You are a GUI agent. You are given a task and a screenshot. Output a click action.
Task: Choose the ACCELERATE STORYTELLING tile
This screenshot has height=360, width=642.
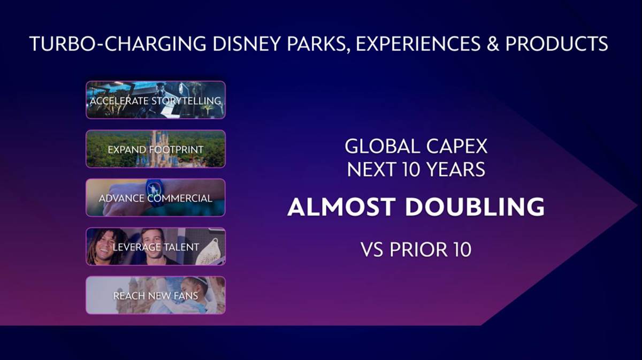pos(156,100)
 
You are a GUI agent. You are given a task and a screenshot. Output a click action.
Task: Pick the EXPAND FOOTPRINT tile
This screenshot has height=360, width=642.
pos(156,149)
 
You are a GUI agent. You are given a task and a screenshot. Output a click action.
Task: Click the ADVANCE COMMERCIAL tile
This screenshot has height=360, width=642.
pos(156,198)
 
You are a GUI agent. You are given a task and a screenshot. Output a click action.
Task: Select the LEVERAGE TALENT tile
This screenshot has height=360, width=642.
pos(156,247)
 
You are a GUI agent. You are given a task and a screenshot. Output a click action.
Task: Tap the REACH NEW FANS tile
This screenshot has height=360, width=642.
pos(156,295)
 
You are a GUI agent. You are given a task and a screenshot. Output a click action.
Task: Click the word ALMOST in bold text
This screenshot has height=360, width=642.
pos(340,207)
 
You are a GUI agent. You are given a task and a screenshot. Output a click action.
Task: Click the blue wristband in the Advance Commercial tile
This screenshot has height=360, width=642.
pos(156,189)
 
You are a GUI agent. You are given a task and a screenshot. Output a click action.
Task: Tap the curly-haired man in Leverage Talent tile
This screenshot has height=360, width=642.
pos(106,247)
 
